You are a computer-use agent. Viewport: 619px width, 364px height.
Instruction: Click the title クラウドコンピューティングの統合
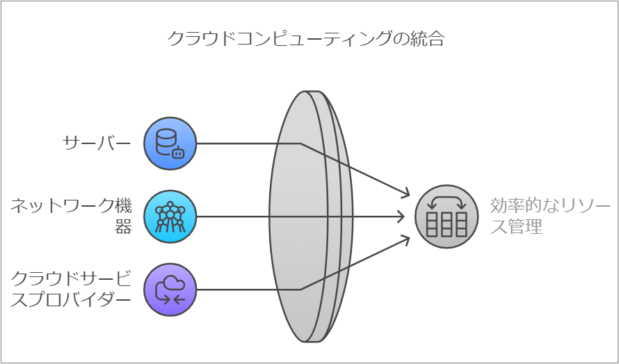coord(306,38)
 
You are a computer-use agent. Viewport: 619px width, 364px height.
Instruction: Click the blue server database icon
coord(170,144)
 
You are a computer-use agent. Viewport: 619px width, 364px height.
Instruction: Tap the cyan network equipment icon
coord(170,216)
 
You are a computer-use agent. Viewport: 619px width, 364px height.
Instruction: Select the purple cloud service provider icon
coord(170,290)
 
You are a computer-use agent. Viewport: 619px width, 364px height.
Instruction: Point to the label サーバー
coord(97,144)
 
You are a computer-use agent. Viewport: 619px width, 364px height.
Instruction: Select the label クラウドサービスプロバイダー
coord(72,290)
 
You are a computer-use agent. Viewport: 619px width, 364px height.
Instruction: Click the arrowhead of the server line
coord(407,195)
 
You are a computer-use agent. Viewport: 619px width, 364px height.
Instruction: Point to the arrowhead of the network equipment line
coord(401,216)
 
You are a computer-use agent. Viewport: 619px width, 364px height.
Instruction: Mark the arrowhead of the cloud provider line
coord(407,239)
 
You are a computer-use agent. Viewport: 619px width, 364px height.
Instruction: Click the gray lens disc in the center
coord(306,216)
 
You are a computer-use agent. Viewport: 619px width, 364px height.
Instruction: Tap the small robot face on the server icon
coord(179,153)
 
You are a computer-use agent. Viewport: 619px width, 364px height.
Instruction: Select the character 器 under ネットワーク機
coord(122,227)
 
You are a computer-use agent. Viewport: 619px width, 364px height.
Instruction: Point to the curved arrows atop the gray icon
coord(447,202)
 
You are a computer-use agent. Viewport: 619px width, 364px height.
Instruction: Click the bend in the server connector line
coord(300,144)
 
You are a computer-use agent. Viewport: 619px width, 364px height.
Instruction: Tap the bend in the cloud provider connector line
coord(300,290)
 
